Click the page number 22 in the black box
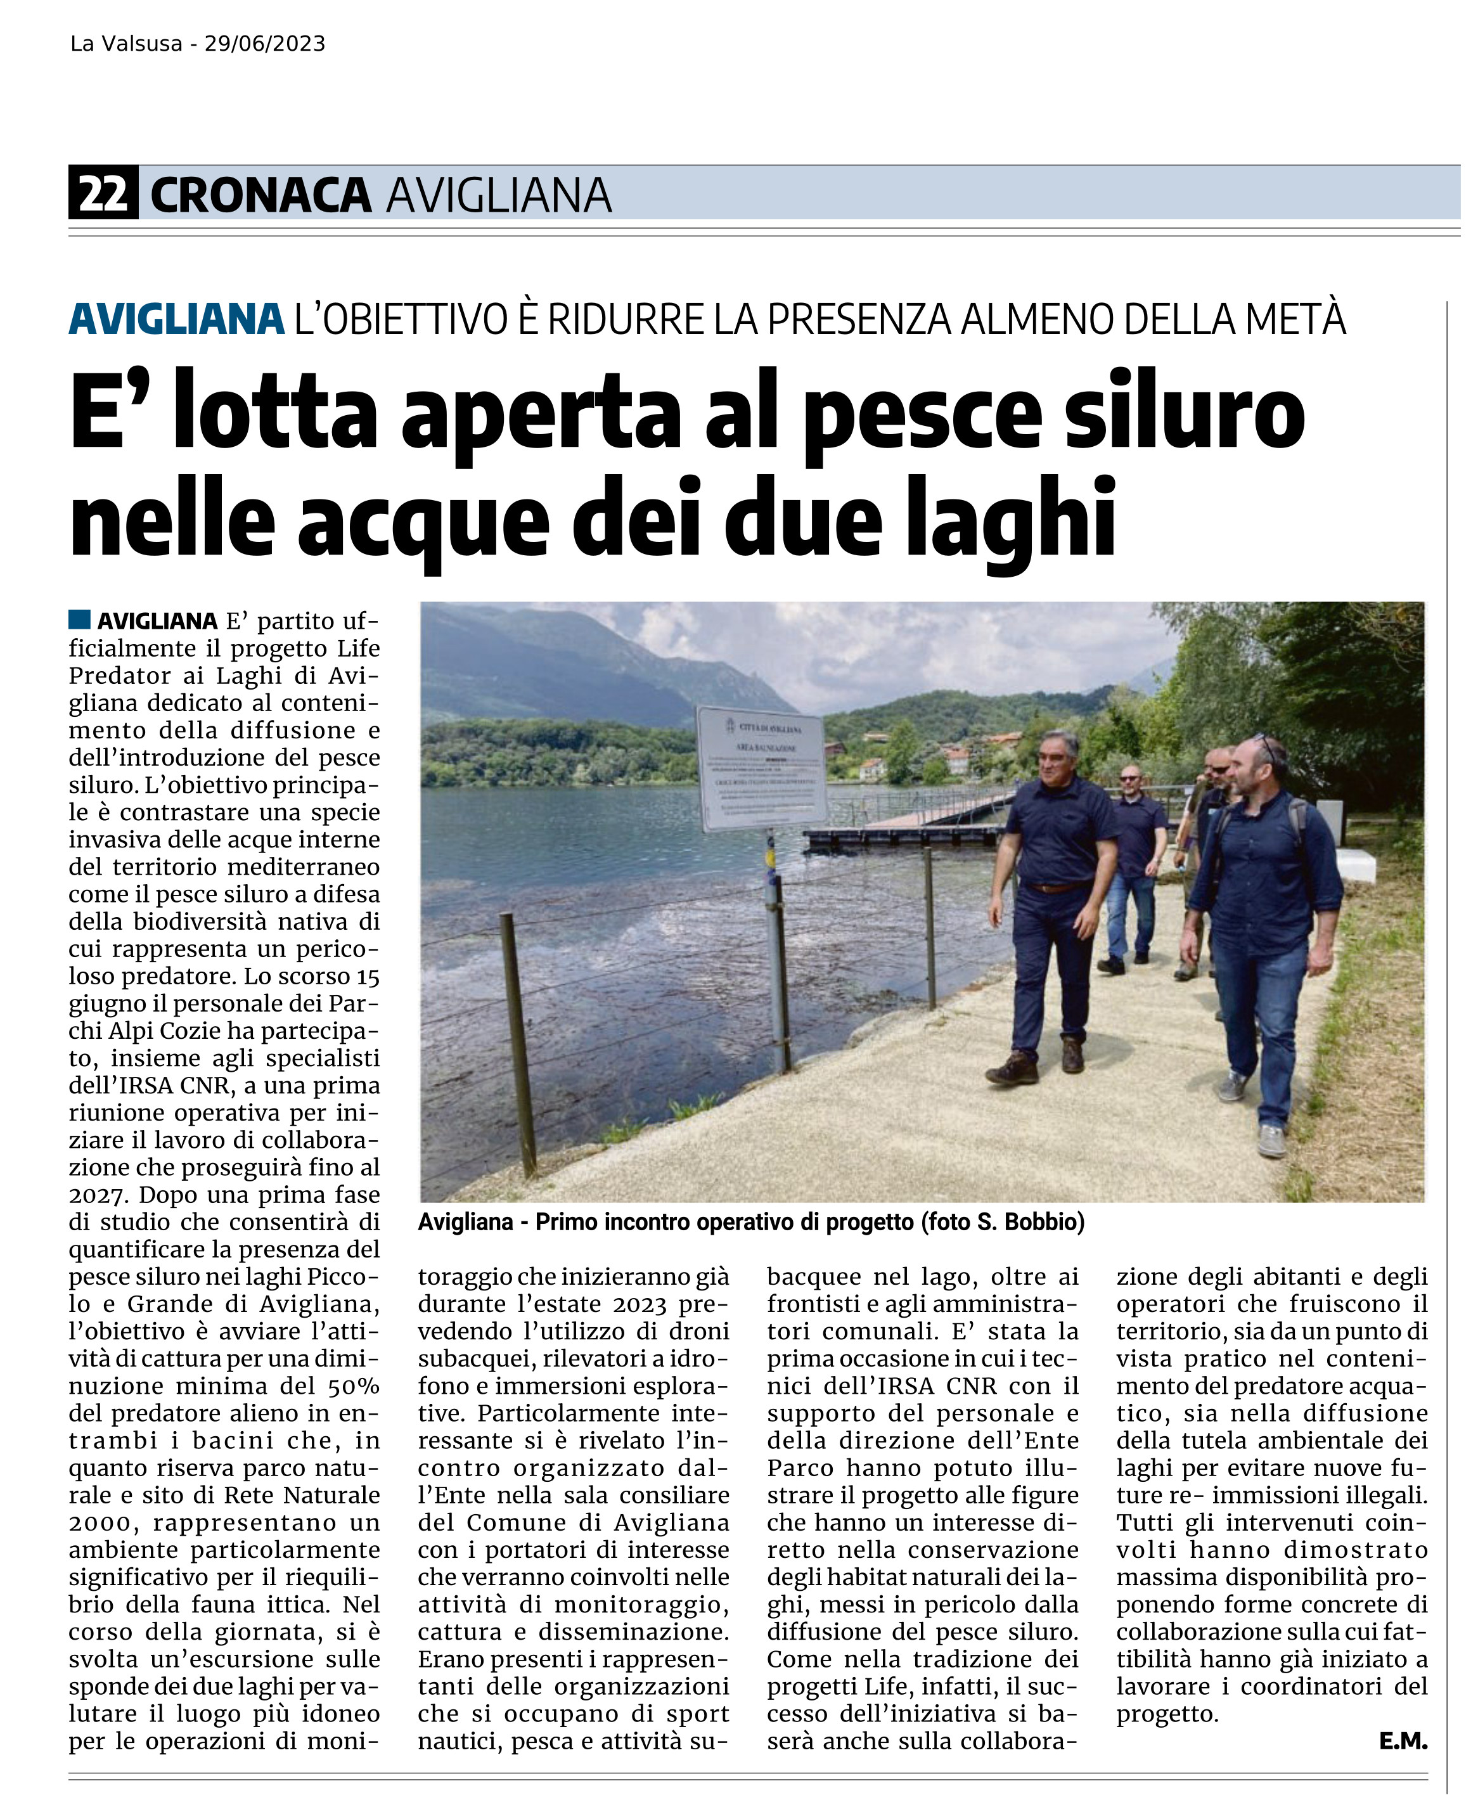coord(103,194)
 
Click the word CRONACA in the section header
coord(260,195)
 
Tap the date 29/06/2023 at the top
coord(265,44)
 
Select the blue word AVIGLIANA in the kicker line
coord(176,319)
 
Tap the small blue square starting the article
coord(80,619)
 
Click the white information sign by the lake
coord(761,769)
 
